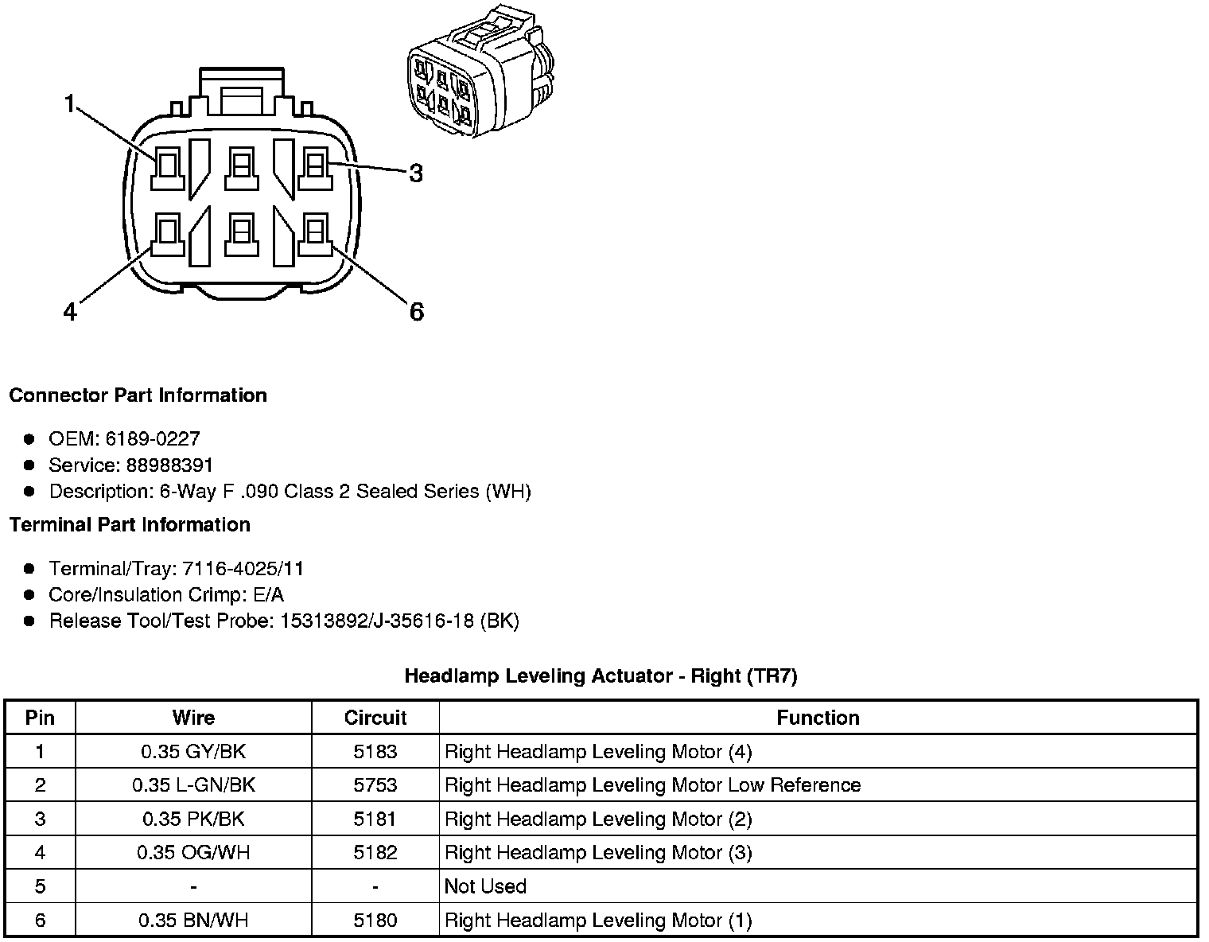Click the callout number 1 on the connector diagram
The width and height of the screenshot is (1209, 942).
70,103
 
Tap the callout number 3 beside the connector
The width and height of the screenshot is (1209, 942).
416,173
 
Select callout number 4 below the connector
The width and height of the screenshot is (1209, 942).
70,312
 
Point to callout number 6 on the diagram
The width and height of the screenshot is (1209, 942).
417,312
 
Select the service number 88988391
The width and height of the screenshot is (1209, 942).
169,465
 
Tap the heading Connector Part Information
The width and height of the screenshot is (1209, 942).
138,395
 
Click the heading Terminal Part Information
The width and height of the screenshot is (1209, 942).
130,524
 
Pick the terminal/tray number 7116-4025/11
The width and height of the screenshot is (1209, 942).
243,568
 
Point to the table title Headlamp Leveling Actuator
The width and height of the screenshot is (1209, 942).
601,676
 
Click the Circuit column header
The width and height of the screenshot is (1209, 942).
375,718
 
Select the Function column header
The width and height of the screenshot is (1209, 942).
818,718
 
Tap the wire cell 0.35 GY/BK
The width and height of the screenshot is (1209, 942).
193,751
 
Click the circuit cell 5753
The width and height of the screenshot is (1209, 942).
375,785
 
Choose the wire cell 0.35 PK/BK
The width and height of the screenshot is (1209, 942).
193,819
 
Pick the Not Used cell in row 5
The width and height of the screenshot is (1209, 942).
485,886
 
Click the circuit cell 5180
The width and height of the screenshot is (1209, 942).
375,921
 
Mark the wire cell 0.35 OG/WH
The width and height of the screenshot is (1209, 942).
193,853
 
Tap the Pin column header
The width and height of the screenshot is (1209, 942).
40,718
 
